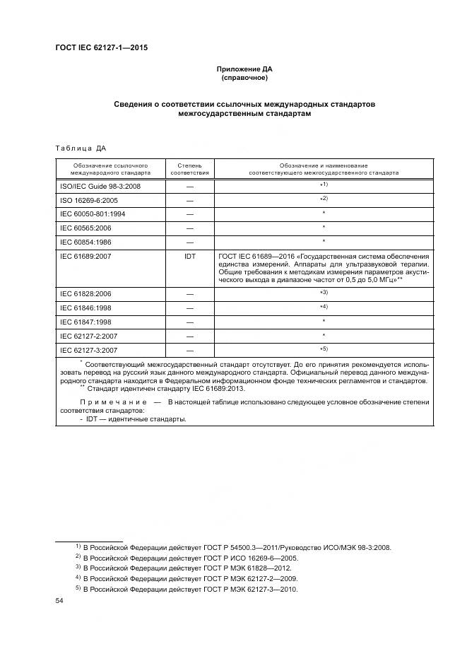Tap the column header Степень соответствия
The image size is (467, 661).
pos(189,168)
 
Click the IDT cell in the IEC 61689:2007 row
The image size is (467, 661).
pos(189,256)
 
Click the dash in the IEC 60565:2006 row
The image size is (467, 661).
pos(189,228)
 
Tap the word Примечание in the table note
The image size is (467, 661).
pos(111,402)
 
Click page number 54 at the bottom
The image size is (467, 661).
pos(59,600)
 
